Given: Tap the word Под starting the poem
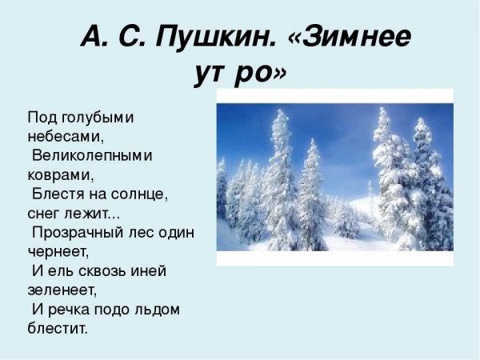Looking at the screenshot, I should (40, 117).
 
